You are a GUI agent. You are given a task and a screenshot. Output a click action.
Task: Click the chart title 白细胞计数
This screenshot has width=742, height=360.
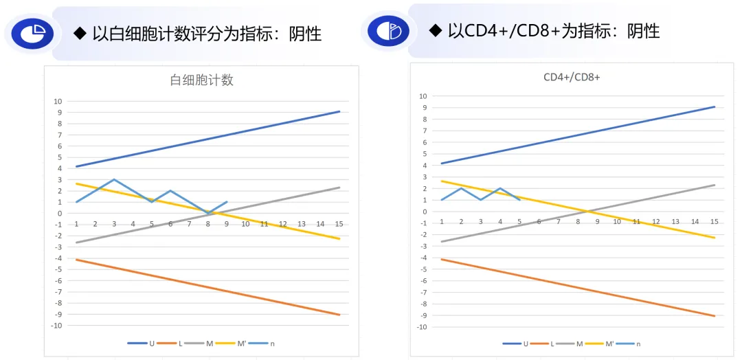pos(201,80)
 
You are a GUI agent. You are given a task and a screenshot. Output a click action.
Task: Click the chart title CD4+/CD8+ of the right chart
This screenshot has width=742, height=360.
pos(572,77)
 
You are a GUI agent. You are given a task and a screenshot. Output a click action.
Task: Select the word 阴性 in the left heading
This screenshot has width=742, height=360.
pos(304,33)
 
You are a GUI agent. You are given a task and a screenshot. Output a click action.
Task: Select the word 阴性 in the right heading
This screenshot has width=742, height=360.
pos(643,30)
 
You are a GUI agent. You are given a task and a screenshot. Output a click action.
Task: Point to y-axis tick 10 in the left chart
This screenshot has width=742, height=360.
pos(58,101)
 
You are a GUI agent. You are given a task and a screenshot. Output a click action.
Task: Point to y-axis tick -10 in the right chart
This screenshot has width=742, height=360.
pos(423,327)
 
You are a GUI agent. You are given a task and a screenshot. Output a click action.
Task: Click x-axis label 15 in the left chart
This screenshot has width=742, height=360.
pos(339,224)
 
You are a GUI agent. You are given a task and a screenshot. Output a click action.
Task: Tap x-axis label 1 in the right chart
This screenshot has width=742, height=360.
pos(441,221)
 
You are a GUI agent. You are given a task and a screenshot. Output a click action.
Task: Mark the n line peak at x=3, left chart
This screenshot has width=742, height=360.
pos(114,179)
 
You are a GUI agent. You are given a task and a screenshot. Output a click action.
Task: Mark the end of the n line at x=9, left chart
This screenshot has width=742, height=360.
pos(227,202)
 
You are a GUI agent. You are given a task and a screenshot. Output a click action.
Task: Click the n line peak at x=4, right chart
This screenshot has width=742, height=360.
pos(500,188)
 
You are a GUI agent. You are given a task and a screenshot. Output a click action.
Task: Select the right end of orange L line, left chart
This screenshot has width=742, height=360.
pos(339,315)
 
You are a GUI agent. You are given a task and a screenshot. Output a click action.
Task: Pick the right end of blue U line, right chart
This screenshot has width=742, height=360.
pos(715,106)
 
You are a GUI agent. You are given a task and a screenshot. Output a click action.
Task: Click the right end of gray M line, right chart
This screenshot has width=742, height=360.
pos(715,185)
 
